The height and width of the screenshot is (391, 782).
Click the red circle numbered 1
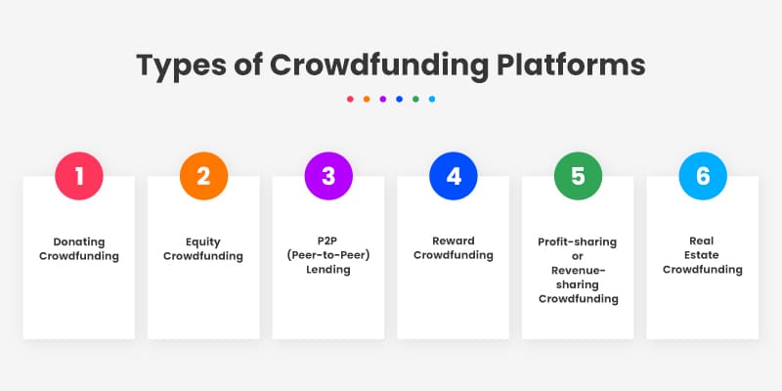tap(78, 176)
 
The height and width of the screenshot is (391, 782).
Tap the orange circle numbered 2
tap(203, 176)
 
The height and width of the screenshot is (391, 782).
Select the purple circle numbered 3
tap(328, 176)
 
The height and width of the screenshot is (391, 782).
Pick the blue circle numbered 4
tap(454, 176)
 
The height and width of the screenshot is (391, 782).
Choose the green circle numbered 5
tap(579, 176)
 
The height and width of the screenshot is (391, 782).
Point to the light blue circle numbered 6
tap(704, 176)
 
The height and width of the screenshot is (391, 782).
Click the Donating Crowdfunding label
tap(78, 248)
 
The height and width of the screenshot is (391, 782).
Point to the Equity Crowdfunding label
tap(203, 248)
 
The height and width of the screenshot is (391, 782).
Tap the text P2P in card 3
tap(328, 239)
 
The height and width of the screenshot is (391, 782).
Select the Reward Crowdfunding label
tap(454, 248)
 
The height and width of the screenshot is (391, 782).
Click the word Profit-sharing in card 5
tap(579, 240)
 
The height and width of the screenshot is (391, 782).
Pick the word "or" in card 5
tap(579, 255)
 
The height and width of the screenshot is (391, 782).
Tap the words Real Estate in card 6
tap(704, 247)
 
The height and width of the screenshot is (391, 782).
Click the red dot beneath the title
tap(350, 99)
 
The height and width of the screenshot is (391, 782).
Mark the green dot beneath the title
tap(415, 99)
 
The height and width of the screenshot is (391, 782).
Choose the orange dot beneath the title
tap(367, 99)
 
